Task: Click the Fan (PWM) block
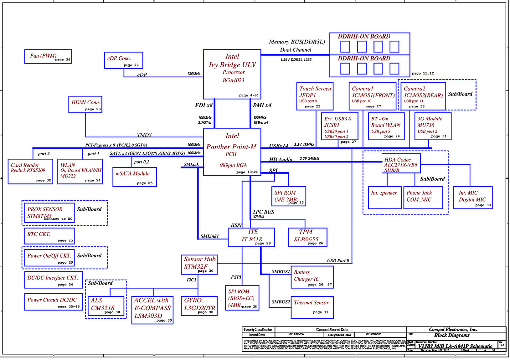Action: (48, 56)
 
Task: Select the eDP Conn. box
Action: (124, 60)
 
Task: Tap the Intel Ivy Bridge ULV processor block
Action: (232, 74)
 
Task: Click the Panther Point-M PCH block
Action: (232, 152)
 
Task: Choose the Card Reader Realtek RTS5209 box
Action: (31, 172)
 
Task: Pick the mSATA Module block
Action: (134, 177)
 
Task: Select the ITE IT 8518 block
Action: (251, 237)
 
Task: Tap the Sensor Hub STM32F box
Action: (199, 264)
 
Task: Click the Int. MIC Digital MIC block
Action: (472, 198)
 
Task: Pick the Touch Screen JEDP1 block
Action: (315, 96)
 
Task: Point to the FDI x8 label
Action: (204, 106)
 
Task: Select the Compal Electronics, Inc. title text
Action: (453, 329)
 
